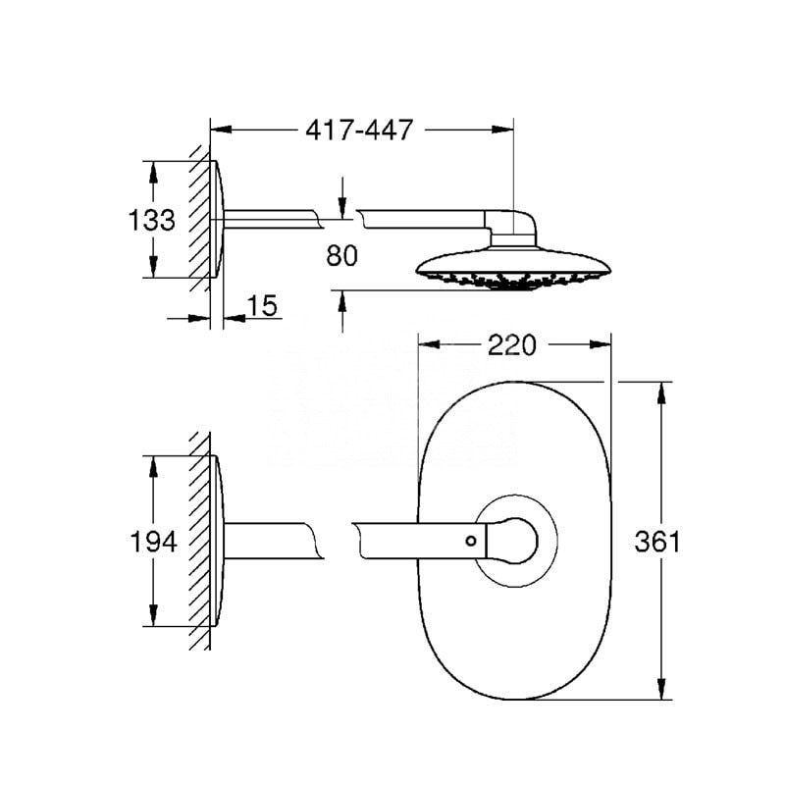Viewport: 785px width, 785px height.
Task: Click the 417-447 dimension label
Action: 359,131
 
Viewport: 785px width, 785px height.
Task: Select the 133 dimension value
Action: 152,220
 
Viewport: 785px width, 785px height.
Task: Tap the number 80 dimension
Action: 341,255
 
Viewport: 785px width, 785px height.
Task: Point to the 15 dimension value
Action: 262,305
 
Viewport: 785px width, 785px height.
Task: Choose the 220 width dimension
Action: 511,345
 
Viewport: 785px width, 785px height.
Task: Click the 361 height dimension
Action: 657,542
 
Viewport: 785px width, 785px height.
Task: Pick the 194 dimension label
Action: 153,542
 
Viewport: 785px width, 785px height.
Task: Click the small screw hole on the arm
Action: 471,541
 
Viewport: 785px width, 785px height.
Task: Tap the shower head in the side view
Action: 513,268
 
